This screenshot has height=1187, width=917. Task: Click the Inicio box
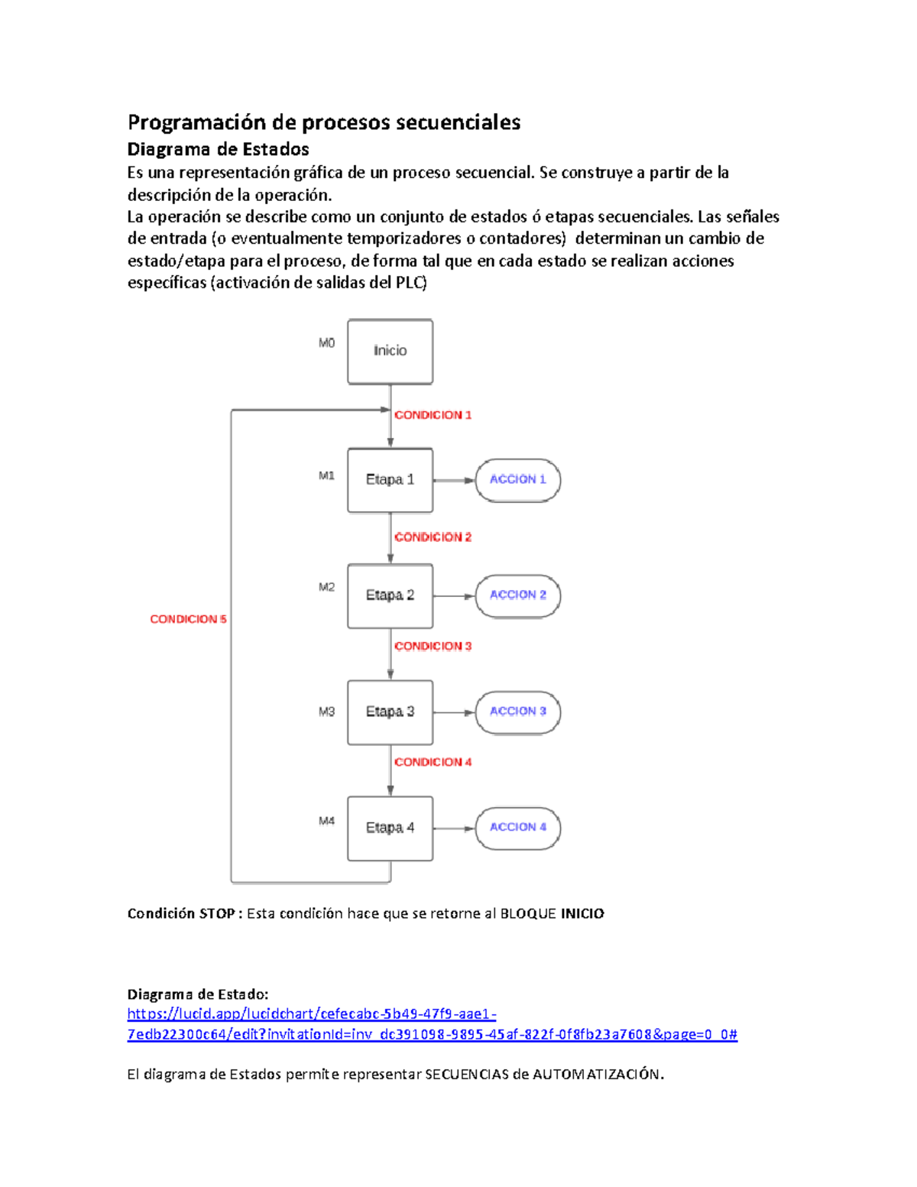tap(390, 351)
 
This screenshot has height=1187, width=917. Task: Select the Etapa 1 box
tap(390, 480)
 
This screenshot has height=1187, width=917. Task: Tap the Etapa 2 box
tap(390, 595)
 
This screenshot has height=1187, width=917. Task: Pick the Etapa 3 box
tap(390, 712)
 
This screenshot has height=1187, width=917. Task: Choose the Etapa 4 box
tap(390, 828)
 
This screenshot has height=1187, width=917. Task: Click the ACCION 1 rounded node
tap(517, 480)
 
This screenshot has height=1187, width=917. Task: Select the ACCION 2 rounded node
tap(517, 595)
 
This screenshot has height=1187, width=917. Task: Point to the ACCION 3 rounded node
tap(517, 712)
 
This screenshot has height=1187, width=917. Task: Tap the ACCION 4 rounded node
tap(517, 828)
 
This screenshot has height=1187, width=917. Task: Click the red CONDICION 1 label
tap(433, 415)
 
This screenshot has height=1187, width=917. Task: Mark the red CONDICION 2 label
tap(433, 537)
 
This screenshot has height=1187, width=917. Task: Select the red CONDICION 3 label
tap(433, 647)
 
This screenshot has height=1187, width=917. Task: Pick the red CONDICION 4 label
tap(433, 762)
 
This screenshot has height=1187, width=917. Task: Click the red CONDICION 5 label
tap(188, 619)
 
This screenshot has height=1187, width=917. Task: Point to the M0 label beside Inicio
tap(326, 343)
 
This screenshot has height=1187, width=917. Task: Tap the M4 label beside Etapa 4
tap(326, 821)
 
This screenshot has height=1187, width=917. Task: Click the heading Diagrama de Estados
tap(218, 149)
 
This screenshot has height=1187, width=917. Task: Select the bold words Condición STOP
tap(181, 913)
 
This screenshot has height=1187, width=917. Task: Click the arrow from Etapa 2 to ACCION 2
tap(454, 596)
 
